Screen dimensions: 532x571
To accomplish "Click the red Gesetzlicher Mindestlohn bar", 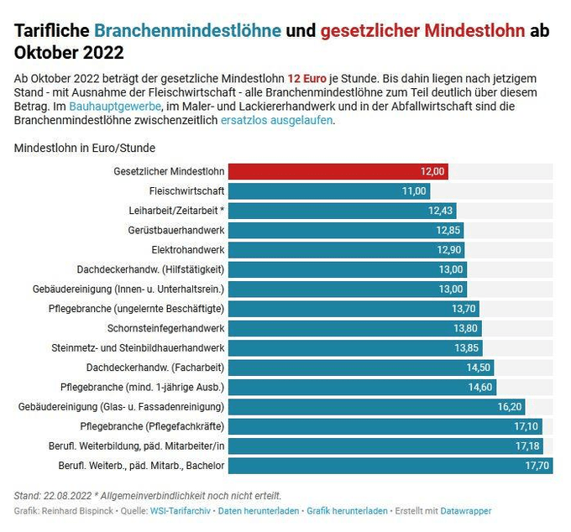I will click(336, 171).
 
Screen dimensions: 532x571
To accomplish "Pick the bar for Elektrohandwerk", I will click(344, 250).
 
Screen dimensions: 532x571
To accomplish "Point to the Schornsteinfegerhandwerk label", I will click(166, 328).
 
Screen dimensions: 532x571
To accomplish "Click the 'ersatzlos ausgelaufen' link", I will click(276, 120).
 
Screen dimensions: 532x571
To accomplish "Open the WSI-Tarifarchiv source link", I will click(181, 510).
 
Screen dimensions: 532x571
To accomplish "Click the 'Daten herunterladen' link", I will click(258, 510).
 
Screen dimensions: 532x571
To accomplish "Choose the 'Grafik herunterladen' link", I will click(347, 510).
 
